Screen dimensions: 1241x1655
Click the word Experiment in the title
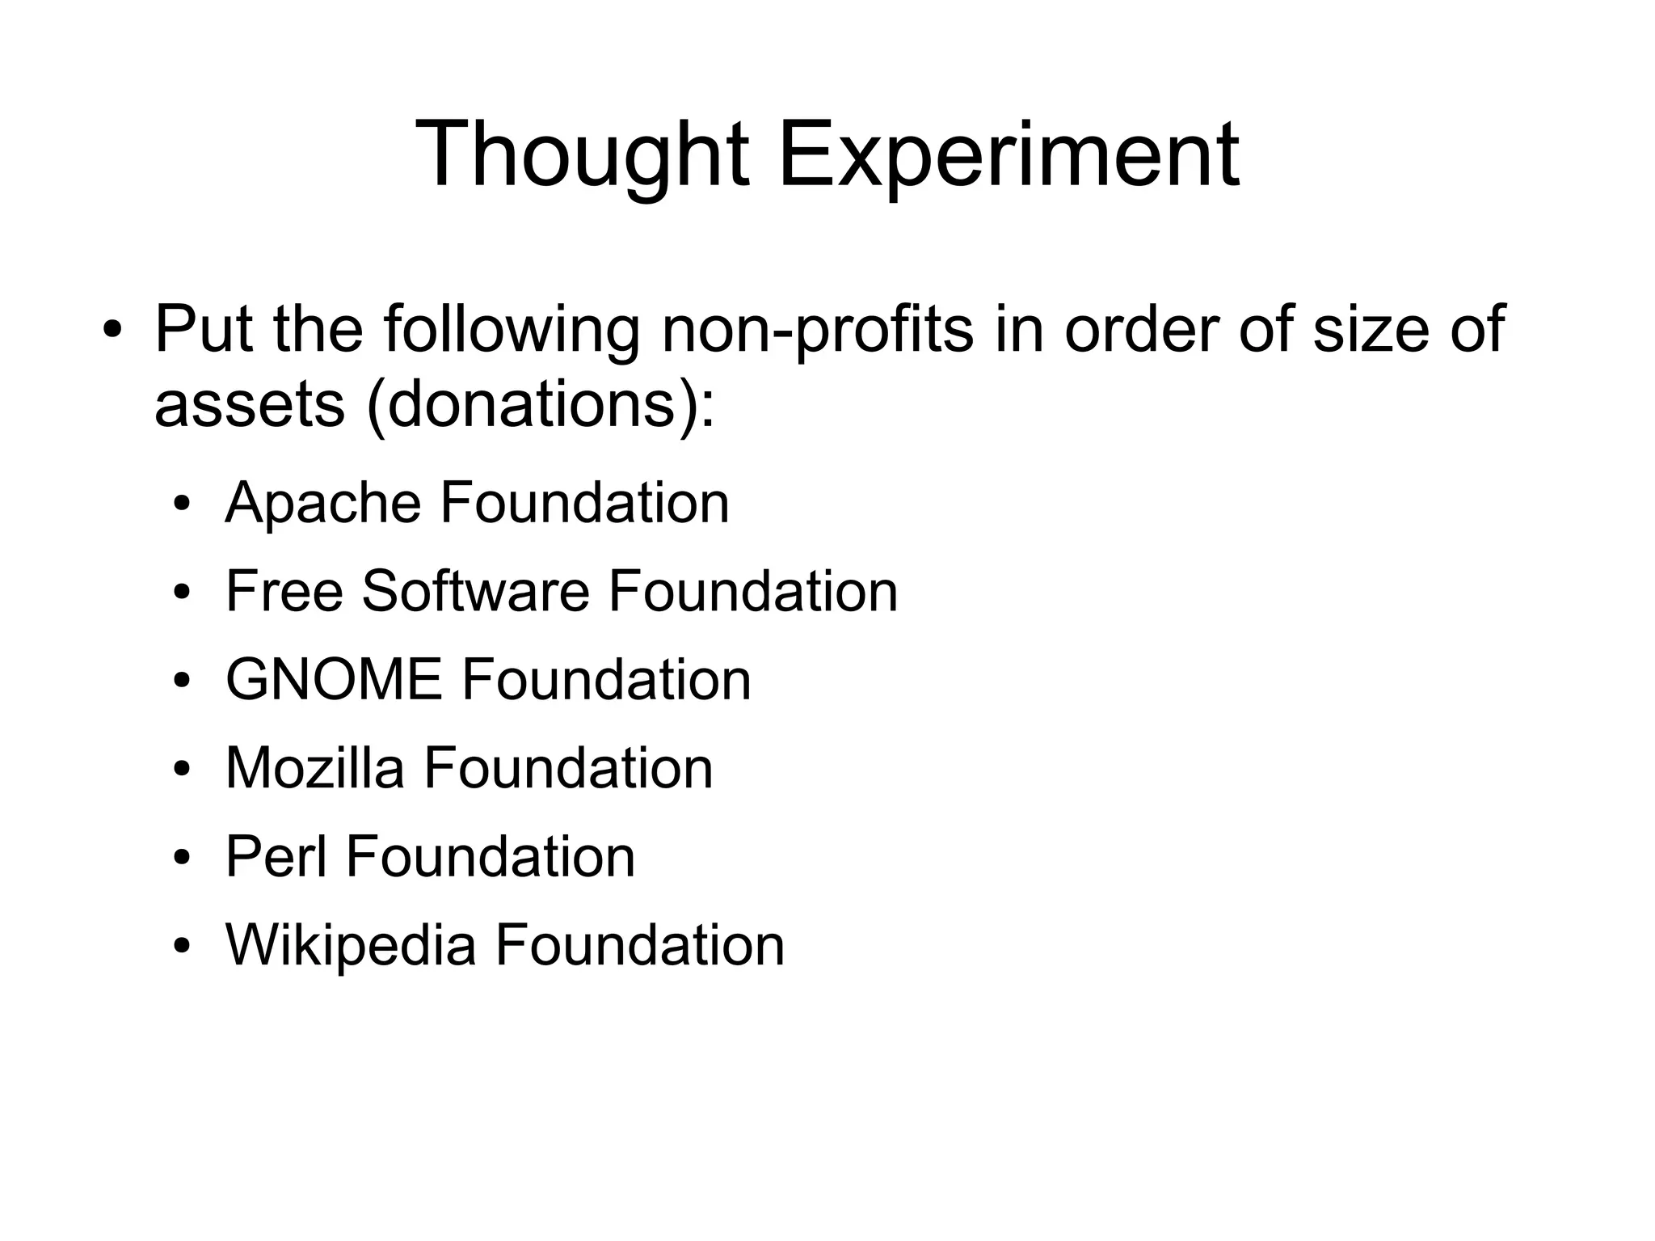pyautogui.click(x=1008, y=155)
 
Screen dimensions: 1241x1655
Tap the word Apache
pyautogui.click(x=323, y=503)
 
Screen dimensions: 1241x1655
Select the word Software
pyautogui.click(x=476, y=591)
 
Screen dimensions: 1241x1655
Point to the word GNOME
pyautogui.click(x=334, y=679)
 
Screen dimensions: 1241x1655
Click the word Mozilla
pyautogui.click(x=314, y=767)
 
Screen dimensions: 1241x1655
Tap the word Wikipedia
pyautogui.click(x=351, y=944)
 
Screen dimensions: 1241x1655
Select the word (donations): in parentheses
pyautogui.click(x=541, y=404)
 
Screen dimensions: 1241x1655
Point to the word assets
pyautogui.click(x=249, y=404)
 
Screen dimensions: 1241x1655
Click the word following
pyautogui.click(x=512, y=329)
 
